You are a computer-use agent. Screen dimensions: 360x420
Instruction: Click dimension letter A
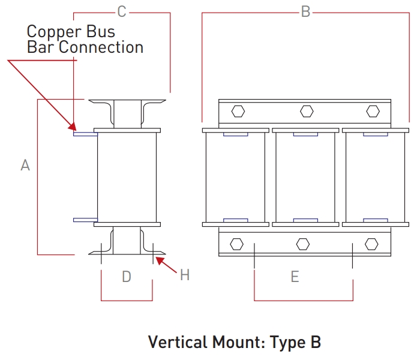pyautogui.click(x=25, y=165)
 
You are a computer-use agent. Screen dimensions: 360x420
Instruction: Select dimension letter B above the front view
pyautogui.click(x=305, y=12)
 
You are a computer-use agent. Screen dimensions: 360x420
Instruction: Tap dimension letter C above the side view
pyautogui.click(x=122, y=11)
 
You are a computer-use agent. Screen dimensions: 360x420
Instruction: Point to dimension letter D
pyautogui.click(x=127, y=277)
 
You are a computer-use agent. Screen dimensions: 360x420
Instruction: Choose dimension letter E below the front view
pyautogui.click(x=295, y=277)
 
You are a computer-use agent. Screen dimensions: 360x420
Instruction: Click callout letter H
pyautogui.click(x=185, y=275)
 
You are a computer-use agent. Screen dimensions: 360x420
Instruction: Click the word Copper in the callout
pyautogui.click(x=50, y=31)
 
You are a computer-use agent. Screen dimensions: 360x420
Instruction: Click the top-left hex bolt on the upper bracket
pyautogui.click(x=238, y=112)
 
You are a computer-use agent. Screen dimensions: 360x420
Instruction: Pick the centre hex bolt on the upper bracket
pyautogui.click(x=307, y=112)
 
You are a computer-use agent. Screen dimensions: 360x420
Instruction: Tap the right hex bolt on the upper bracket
pyautogui.click(x=373, y=112)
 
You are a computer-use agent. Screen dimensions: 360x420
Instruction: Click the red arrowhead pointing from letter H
pyautogui.click(x=158, y=259)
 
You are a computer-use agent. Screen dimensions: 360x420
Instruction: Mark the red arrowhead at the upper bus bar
pyautogui.click(x=73, y=127)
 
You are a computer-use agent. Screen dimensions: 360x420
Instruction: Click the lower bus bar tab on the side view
pyautogui.click(x=85, y=220)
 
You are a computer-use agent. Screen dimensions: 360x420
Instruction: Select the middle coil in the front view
pyautogui.click(x=305, y=177)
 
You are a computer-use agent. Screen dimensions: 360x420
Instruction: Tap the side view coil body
pyautogui.click(x=127, y=177)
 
